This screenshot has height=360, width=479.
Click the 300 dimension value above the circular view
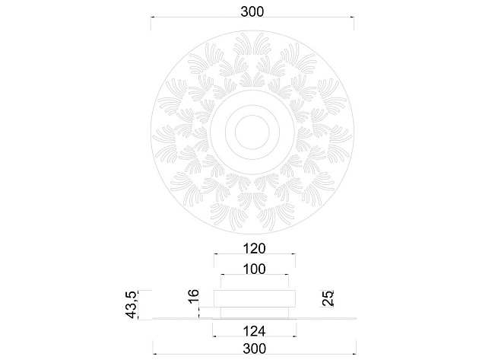click(x=253, y=11)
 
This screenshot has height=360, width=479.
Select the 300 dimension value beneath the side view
click(x=253, y=348)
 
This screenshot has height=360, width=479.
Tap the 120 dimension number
click(x=254, y=248)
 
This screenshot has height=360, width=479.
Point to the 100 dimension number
click(x=254, y=269)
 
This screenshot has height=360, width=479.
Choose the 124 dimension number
click(x=254, y=330)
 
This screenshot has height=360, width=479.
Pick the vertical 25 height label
click(x=328, y=298)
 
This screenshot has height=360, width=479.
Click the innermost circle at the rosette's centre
click(x=254, y=132)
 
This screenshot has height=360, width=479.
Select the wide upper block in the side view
click(x=254, y=298)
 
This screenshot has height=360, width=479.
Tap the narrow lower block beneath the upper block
click(x=254, y=311)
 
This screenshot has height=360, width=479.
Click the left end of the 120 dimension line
click(x=215, y=254)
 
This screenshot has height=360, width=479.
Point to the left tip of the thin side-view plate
click(x=153, y=317)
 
